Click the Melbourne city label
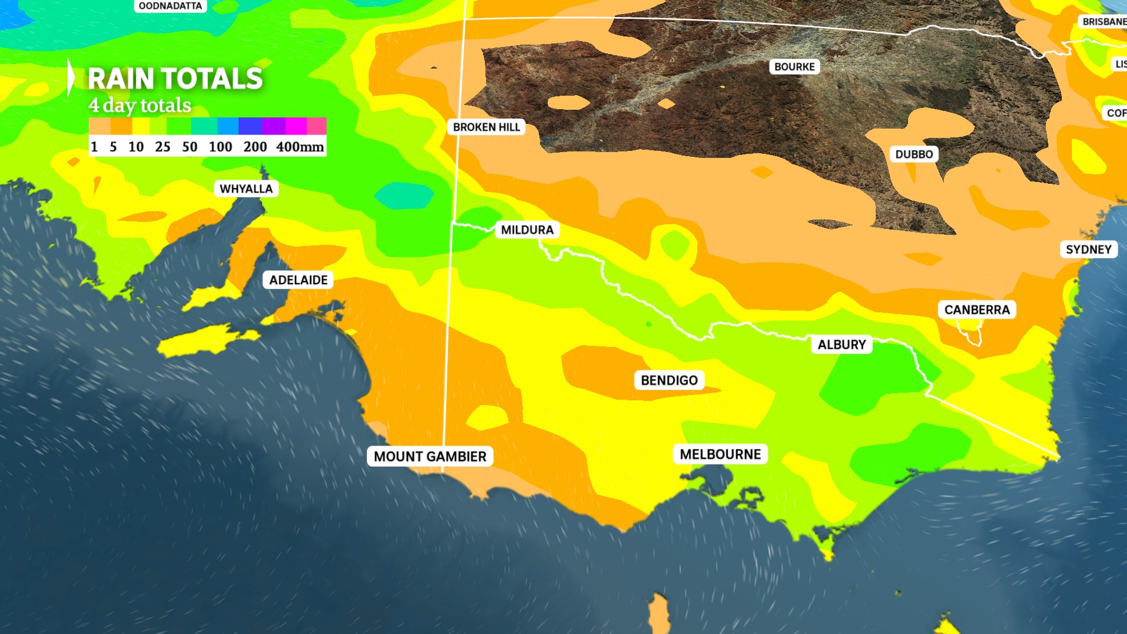point(720,454)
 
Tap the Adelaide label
point(298,280)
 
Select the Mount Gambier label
point(430,457)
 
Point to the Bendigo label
point(669,380)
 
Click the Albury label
point(842,345)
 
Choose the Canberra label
point(977,310)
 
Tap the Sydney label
point(1088,249)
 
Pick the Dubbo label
point(914,154)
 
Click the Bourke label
point(794,67)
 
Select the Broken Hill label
point(486,127)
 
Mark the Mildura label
point(527,230)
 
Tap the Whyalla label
point(246,189)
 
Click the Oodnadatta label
point(170,6)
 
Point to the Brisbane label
point(1103,22)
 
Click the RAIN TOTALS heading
point(175,79)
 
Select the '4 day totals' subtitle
point(140,106)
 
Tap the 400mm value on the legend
point(300,147)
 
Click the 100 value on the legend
point(221,147)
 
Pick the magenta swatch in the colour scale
point(296,126)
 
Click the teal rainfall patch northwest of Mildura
point(404,195)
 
